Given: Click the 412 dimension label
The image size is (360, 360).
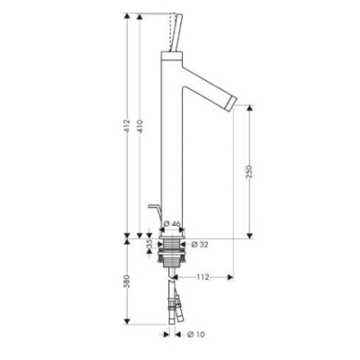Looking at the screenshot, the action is coord(127,126).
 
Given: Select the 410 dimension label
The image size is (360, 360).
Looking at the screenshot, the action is coord(139,126).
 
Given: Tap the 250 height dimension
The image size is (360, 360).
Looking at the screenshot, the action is coord(249,171).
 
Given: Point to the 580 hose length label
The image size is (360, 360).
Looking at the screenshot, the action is coord(127,282).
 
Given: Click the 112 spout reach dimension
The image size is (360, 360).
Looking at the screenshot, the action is coord(202,277).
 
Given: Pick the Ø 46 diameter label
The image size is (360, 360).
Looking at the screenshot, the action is coord(172,224).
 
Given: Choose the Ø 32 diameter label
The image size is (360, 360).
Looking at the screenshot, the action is coord(200,245).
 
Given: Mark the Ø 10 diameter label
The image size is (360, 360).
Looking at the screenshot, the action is coord(196,334).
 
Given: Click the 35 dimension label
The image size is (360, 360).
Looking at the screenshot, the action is coord(149,244).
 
